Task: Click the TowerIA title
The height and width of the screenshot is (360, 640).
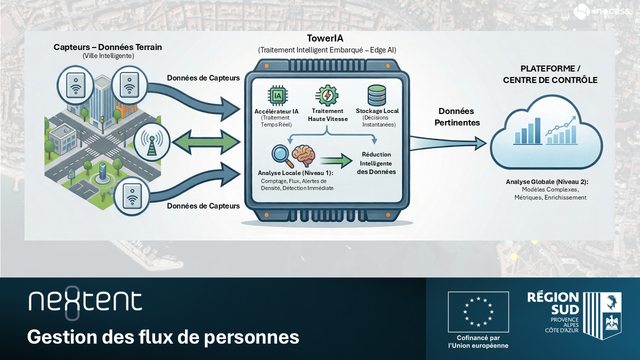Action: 325,39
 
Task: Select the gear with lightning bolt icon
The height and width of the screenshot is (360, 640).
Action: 327,95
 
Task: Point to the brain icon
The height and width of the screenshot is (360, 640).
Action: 303,155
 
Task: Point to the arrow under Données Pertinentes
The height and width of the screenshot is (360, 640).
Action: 447,144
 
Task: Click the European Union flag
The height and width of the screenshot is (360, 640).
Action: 478,312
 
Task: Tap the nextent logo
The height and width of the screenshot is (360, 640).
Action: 85,301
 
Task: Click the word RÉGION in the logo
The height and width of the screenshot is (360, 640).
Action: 553,298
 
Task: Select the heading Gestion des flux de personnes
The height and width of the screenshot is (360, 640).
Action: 163,337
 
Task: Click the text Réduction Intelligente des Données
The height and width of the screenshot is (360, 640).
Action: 376,163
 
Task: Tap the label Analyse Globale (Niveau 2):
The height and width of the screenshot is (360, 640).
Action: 547,182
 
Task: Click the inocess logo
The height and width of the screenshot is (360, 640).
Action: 601,11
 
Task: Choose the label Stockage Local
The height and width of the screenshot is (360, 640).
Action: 377,111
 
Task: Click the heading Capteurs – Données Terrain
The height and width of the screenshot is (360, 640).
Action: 108,47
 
